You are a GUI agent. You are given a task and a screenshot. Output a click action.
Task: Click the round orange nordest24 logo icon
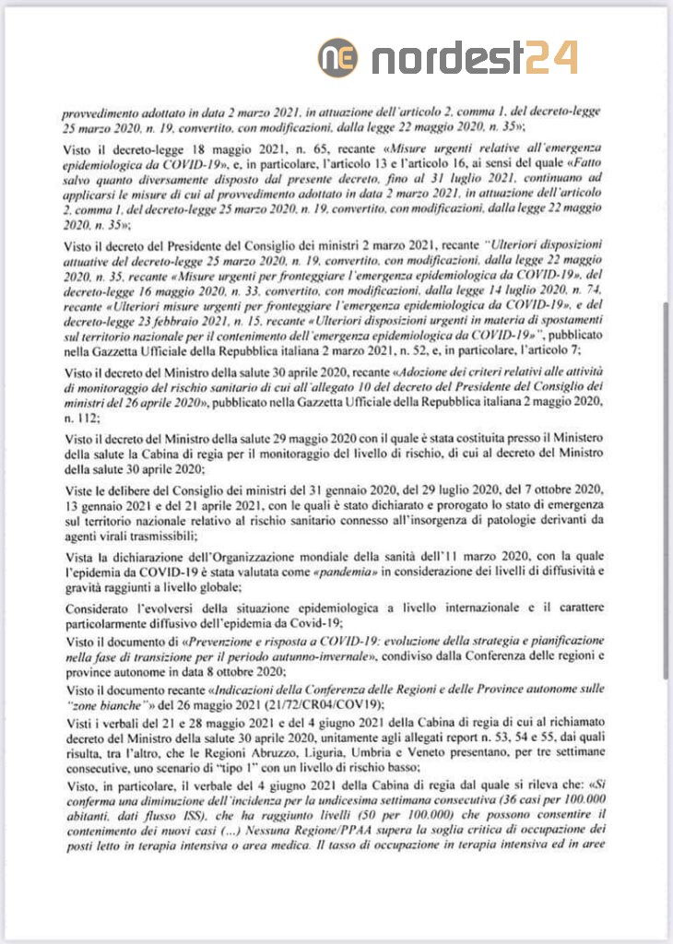[338, 58]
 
